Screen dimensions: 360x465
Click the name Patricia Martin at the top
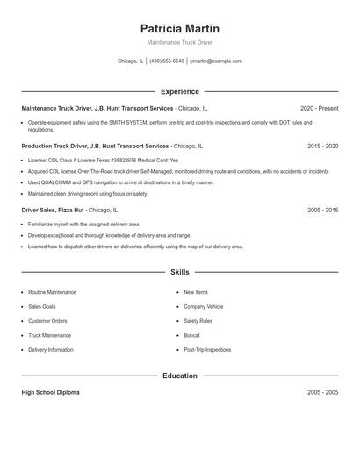pyautogui.click(x=180, y=28)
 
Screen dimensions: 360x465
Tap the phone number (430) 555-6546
pyautogui.click(x=167, y=61)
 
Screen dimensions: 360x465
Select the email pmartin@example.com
pyautogui.click(x=215, y=61)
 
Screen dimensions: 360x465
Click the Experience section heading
pyautogui.click(x=180, y=91)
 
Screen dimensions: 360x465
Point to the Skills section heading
pyautogui.click(x=180, y=273)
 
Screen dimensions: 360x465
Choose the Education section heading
pyautogui.click(x=180, y=376)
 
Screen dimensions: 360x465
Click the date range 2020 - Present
pyautogui.click(x=319, y=108)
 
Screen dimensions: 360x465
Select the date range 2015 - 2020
pyautogui.click(x=322, y=146)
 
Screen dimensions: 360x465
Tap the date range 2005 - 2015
pyautogui.click(x=322, y=211)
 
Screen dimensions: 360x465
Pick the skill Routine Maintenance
pyautogui.click(x=52, y=291)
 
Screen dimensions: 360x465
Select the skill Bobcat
pyautogui.click(x=191, y=335)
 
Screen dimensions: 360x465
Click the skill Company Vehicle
pyautogui.click(x=203, y=306)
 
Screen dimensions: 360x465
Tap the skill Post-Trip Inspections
pyautogui.click(x=207, y=349)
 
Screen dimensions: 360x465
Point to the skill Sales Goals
pyautogui.click(x=41, y=306)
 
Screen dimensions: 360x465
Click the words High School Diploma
pyautogui.click(x=50, y=392)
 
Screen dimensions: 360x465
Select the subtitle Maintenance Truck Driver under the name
pyautogui.click(x=180, y=42)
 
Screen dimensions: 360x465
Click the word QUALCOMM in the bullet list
pyautogui.click(x=49, y=182)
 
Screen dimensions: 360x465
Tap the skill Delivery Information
pyautogui.click(x=51, y=349)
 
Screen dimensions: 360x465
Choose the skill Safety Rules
pyautogui.click(x=198, y=320)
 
